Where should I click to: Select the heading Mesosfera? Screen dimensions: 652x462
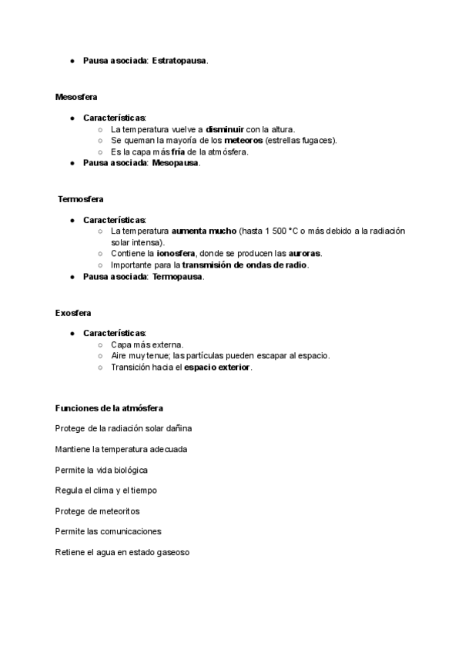pyautogui.click(x=76, y=96)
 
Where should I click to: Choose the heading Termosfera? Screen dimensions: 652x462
pyautogui.click(x=75, y=199)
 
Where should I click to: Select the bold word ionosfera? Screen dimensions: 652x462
pyautogui.click(x=176, y=253)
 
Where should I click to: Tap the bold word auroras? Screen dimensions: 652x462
pyautogui.click(x=305, y=253)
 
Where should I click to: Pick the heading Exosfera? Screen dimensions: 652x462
pyautogui.click(x=73, y=313)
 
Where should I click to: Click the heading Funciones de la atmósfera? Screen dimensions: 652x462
pyautogui.click(x=109, y=407)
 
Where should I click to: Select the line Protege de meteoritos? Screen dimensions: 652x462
pyautogui.click(x=97, y=511)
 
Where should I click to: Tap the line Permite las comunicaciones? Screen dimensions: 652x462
pyautogui.click(x=108, y=531)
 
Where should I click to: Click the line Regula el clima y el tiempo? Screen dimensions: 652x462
pyautogui.click(x=106, y=490)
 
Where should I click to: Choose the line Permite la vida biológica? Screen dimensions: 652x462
pyautogui.click(x=101, y=469)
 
